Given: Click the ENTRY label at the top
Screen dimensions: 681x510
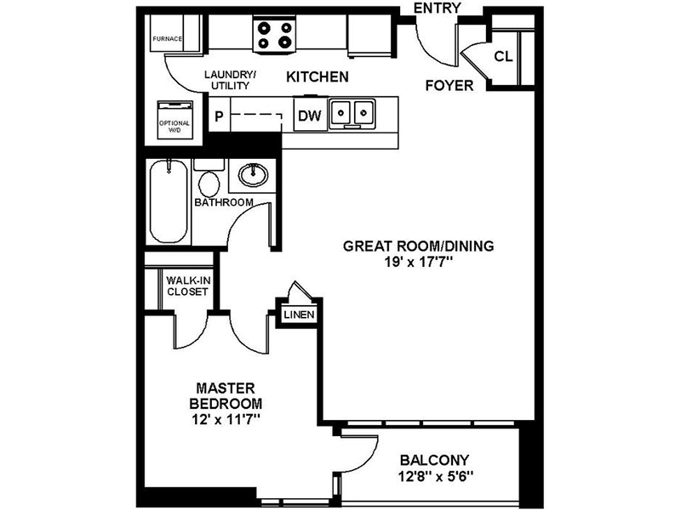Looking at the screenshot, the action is [x=437, y=8].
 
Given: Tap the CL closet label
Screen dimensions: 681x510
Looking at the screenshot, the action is [x=503, y=57].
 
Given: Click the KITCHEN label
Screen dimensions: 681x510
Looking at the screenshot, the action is [x=317, y=77].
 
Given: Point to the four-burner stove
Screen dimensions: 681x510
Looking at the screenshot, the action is [x=274, y=34].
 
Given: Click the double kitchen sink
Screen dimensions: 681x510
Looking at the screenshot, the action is [x=352, y=113].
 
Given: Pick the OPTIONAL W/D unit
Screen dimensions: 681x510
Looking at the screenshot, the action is [x=175, y=118].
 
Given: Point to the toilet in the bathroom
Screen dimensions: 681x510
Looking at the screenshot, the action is [x=207, y=179].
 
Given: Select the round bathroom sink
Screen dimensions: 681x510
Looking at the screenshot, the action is [x=252, y=176].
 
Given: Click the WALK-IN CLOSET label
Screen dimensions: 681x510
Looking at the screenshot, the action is [x=187, y=285].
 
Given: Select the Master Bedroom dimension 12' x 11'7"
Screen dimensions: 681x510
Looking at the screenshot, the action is [x=226, y=418].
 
